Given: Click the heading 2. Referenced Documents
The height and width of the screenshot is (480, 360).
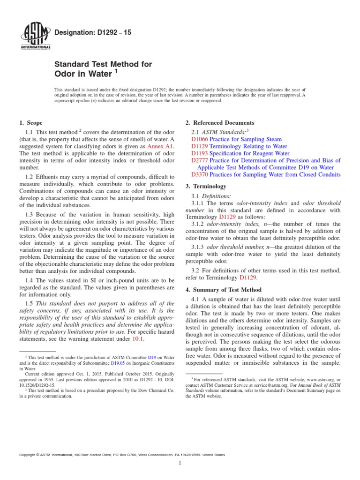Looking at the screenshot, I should tap(220, 123).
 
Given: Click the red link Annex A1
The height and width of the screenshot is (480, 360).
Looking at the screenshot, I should tap(160, 146).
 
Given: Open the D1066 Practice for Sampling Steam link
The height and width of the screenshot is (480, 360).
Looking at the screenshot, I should tap(236, 139).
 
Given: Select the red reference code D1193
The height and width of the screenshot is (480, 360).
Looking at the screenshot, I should tap(200, 153).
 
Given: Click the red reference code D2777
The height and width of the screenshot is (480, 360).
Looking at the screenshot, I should tap(200, 160).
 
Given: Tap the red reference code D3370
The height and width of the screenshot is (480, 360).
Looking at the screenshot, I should tap(200, 174).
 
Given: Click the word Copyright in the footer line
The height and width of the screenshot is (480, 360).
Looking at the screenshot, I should tap(27, 455).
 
